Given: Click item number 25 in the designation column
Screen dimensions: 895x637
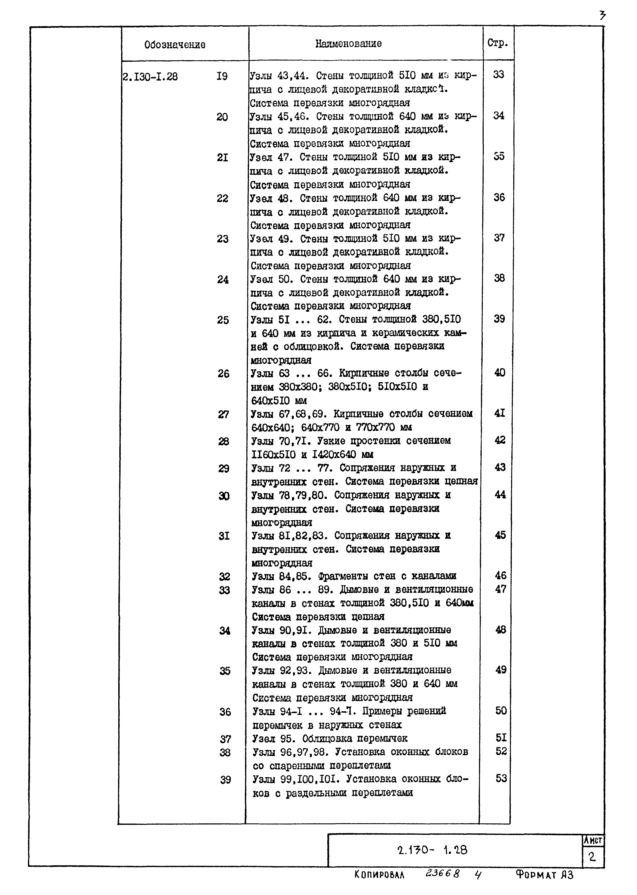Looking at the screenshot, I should tap(223, 320).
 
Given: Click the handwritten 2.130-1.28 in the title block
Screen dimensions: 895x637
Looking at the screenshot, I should tap(432, 850).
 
